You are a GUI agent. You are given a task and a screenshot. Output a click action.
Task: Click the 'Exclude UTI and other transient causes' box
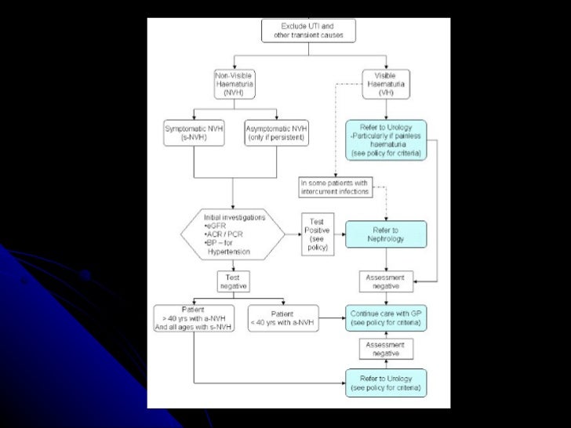click(x=308, y=31)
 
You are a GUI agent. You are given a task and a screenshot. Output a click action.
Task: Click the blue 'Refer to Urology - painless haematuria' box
click(x=386, y=140)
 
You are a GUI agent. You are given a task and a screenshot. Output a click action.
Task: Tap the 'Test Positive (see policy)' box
click(x=319, y=234)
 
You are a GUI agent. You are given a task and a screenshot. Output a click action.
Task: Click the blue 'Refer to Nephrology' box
click(x=386, y=234)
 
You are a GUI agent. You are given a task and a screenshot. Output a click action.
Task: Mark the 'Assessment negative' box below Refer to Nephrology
click(x=386, y=281)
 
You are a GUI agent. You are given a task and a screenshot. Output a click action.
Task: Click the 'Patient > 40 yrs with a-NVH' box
click(x=191, y=317)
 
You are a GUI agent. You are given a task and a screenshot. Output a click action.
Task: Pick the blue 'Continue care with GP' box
click(x=386, y=317)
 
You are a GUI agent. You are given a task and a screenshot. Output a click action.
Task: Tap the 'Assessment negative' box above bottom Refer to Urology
click(x=386, y=350)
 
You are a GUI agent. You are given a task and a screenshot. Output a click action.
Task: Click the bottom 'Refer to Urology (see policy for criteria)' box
click(x=386, y=383)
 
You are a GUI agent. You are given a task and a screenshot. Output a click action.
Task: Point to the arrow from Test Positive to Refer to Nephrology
click(x=341, y=234)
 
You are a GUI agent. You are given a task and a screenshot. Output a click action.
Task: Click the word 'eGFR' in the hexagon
click(x=218, y=227)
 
